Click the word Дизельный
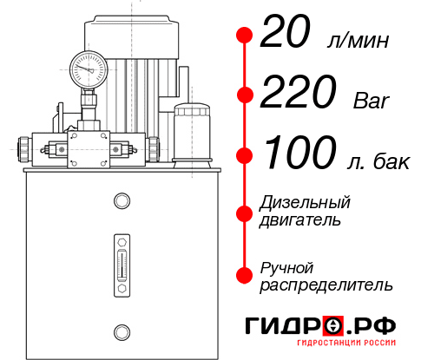coord(306,203)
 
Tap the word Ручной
coord(287,266)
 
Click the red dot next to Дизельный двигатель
coord(244,213)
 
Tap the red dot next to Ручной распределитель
coord(244,275)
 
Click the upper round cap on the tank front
coord(120,202)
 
